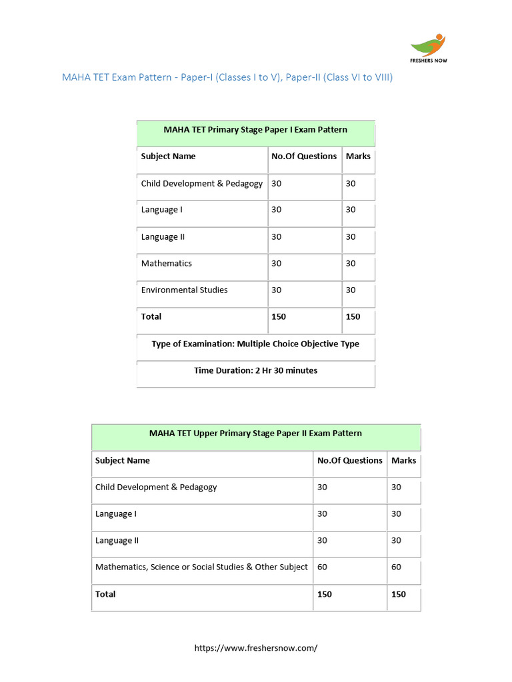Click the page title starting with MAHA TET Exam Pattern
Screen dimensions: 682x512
tap(227, 77)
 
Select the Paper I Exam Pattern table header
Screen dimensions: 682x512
tap(255, 130)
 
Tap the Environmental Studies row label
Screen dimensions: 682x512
tap(184, 290)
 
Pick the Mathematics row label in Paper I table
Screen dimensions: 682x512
tap(166, 263)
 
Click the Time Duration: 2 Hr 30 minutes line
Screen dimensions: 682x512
tap(255, 370)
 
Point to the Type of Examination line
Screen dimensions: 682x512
tap(255, 344)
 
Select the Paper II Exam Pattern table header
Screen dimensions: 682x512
tap(255, 433)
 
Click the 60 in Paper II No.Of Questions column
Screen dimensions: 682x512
tap(322, 567)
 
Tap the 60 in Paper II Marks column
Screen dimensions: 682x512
tap(396, 567)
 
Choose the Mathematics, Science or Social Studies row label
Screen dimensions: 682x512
tap(201, 567)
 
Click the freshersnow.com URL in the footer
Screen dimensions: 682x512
tap(255, 648)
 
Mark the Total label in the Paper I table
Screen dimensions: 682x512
tap(151, 316)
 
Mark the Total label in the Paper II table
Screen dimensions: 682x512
tap(105, 593)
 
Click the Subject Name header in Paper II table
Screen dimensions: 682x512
tap(123, 460)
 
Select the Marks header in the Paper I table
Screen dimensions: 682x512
tap(358, 156)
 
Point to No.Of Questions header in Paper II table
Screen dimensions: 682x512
tap(349, 460)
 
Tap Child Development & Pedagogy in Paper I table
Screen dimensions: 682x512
tap(201, 183)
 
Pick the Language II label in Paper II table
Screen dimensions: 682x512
tap(117, 540)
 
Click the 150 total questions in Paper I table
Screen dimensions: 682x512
tap(279, 316)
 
